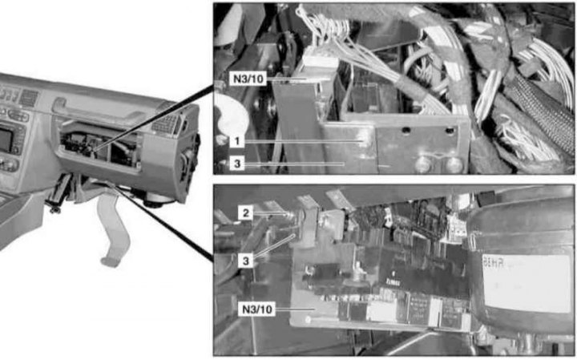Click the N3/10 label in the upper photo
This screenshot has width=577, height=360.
coord(248,79)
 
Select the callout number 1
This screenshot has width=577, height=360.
coord(237,141)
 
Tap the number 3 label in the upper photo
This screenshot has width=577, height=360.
coord(237,163)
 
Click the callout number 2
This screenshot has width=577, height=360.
coord(245,212)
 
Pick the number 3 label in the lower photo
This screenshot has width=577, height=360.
coord(245,261)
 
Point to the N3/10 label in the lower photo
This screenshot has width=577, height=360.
coord(257,309)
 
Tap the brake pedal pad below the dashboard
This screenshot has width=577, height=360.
coord(110,261)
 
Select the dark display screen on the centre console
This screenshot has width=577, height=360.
coord(5,140)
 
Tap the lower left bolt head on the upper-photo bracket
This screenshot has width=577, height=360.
coord(424,164)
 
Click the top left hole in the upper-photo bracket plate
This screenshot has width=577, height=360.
coord(406,130)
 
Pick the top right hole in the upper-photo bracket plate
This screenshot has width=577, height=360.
coord(450,131)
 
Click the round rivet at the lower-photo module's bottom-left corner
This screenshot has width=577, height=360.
coord(309,319)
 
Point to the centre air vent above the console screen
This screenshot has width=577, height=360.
coord(29,98)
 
